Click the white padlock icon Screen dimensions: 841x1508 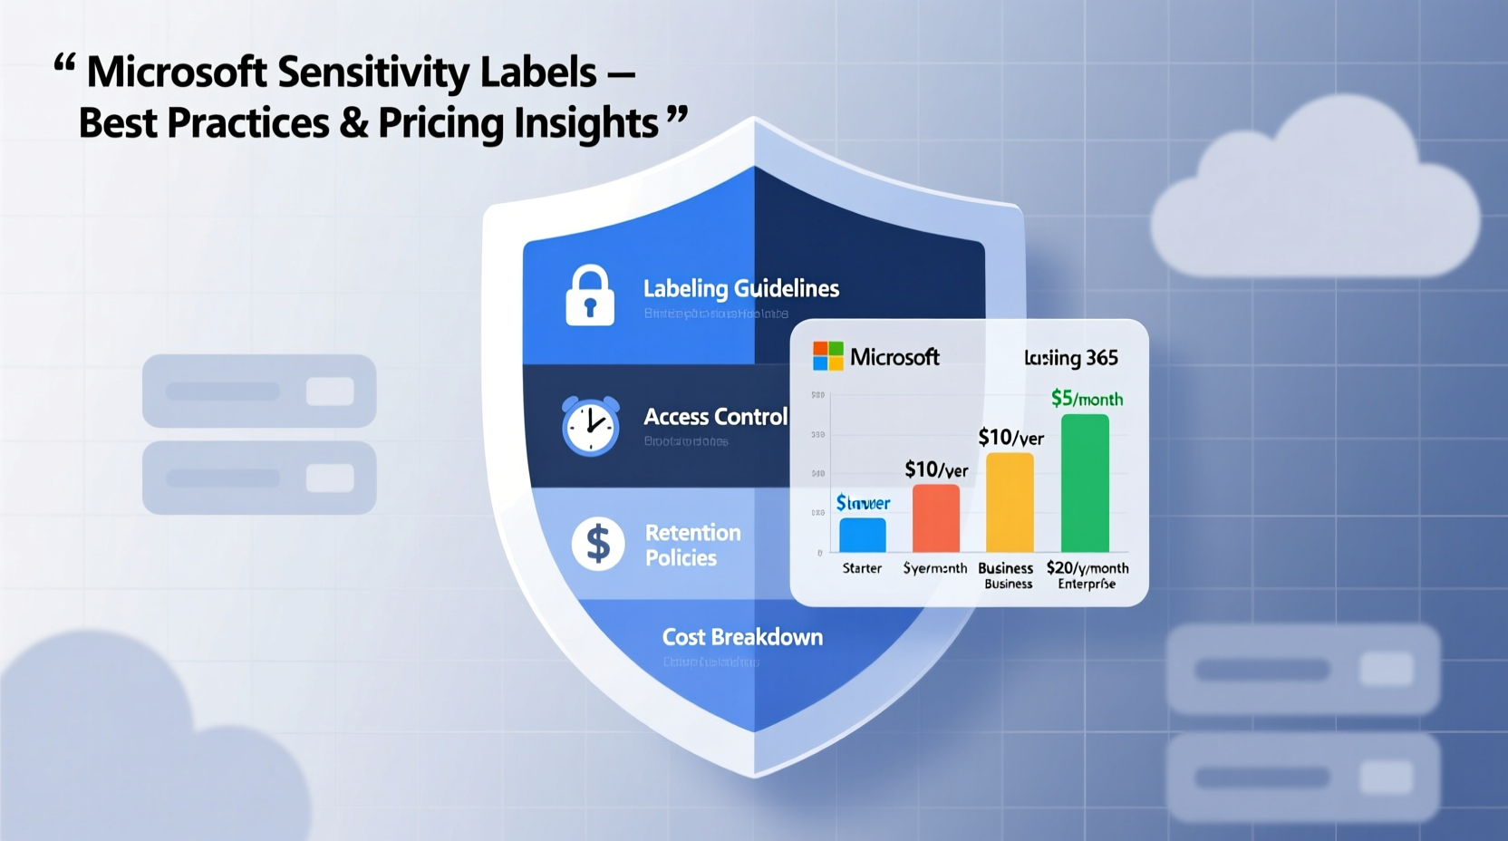(x=590, y=295)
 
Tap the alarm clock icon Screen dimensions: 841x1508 (x=590, y=425)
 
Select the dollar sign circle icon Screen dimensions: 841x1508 (x=598, y=544)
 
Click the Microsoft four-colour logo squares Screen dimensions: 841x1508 (x=827, y=356)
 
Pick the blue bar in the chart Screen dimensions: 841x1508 (x=862, y=535)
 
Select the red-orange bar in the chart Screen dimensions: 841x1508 (x=935, y=518)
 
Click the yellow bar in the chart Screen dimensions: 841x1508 (x=1010, y=502)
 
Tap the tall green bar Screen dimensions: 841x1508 (x=1085, y=483)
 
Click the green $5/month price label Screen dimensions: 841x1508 (x=1087, y=399)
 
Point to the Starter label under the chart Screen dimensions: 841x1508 (x=862, y=568)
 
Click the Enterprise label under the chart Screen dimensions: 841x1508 (x=1087, y=585)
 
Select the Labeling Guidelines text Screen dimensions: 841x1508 (x=740, y=289)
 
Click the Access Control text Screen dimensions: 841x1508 (x=715, y=417)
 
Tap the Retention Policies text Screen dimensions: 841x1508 (x=692, y=545)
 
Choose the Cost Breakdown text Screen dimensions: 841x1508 (x=742, y=637)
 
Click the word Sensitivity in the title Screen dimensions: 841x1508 (x=372, y=72)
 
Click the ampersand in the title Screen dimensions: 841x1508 (x=353, y=123)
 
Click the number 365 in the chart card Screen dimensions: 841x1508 (x=1101, y=358)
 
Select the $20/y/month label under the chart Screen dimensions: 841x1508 (x=1087, y=568)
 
